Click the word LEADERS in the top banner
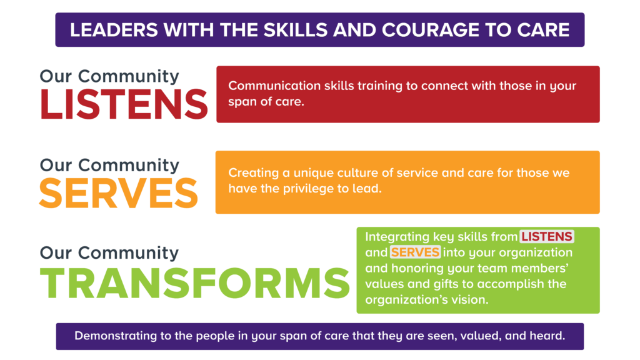(114, 30)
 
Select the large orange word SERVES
(119, 193)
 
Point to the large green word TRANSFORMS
(195, 283)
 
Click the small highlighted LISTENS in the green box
(546, 236)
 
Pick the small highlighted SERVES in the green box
(415, 252)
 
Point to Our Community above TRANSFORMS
(109, 253)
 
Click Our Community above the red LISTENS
(109, 76)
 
